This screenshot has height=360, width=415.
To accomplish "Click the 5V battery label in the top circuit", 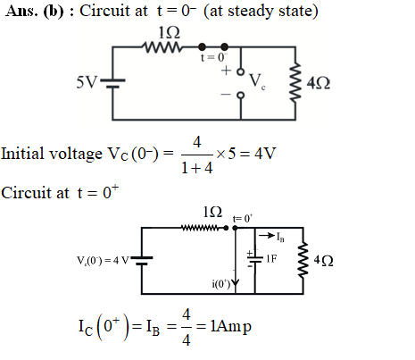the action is point(87,82).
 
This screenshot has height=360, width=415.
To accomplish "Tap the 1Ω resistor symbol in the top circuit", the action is point(162,47).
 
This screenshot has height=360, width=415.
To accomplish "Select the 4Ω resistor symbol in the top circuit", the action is point(295,83).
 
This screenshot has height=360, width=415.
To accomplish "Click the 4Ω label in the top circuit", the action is point(318,83).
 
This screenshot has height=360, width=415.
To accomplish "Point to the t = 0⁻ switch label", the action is point(214,57).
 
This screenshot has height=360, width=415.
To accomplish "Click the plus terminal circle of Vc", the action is point(241,71).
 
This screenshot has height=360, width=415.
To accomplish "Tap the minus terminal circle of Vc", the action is point(241,96).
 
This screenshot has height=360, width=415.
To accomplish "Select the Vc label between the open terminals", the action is point(257,81).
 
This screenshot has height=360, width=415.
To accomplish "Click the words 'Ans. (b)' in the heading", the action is point(35,12).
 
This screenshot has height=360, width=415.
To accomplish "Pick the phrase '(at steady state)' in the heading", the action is point(261,12).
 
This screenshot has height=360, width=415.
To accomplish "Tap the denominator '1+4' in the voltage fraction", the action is point(197,168).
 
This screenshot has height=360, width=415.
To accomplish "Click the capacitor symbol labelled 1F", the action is point(255,259).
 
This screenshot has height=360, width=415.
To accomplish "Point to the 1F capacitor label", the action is point(271,258).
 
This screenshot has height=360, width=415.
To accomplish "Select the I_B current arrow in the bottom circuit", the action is point(267,236).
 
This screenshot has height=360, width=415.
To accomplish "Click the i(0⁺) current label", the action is point(221,284).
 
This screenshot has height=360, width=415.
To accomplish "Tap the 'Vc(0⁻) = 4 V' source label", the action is point(103,261).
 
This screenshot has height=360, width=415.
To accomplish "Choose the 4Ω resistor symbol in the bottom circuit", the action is point(303,260).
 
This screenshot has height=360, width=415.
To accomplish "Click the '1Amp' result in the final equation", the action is point(230,326).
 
